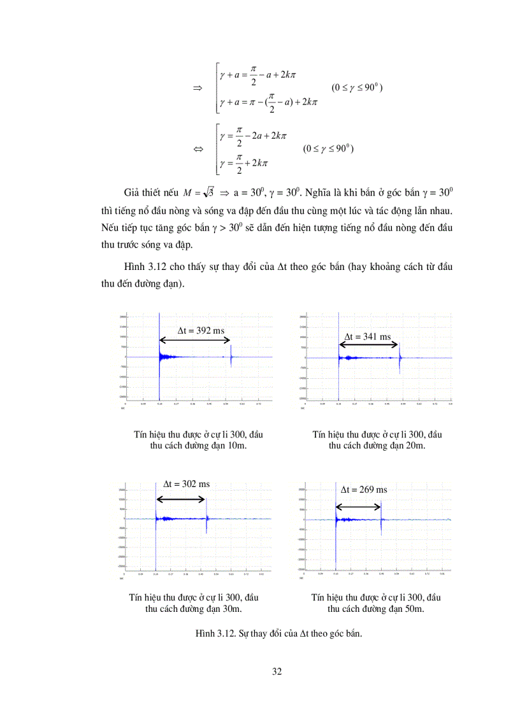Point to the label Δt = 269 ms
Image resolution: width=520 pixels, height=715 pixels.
tap(364, 490)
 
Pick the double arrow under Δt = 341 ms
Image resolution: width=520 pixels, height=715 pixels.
tap(368, 345)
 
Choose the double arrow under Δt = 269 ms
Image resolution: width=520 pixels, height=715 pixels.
tap(358, 507)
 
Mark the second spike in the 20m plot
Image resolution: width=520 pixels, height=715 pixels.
tap(400, 360)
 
